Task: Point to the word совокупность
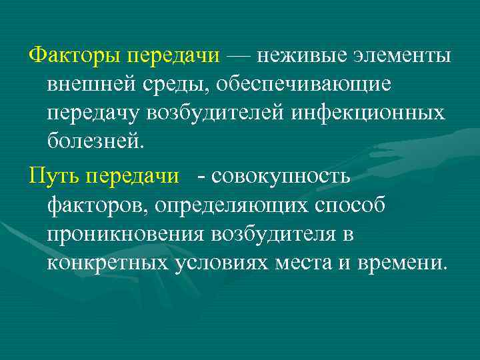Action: pos(286,175)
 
